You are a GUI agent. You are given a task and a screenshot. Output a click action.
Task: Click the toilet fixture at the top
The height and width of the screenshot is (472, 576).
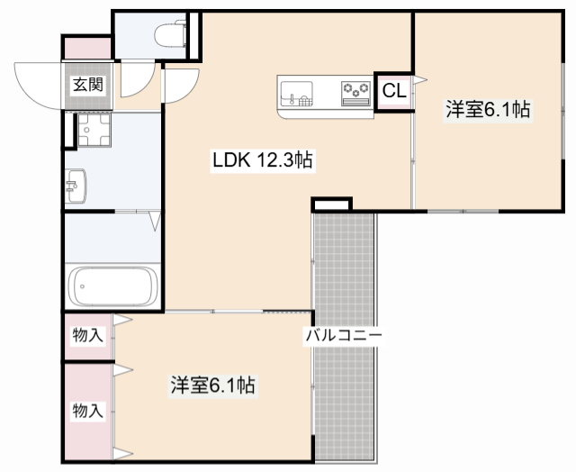168,34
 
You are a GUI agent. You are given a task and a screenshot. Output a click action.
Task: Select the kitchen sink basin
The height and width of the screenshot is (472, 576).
297,94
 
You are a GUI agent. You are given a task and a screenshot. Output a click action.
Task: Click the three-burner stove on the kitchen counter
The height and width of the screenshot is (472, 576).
355,90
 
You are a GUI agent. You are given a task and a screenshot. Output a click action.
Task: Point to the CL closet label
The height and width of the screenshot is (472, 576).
393,90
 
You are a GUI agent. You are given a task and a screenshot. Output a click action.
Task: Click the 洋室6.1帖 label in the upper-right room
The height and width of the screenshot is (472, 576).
488,111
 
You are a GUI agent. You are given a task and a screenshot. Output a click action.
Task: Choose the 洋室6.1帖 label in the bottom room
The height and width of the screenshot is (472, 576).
213,386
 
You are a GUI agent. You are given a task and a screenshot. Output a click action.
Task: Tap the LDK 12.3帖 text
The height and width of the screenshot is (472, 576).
262,161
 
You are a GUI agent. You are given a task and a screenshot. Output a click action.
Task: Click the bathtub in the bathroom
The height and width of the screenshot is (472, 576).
112,286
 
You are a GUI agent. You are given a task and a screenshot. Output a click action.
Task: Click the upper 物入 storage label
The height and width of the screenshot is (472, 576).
87,336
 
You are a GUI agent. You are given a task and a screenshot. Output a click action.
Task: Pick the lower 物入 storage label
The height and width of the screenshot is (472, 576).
87,411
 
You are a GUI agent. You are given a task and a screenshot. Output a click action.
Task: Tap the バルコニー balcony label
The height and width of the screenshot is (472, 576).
343,336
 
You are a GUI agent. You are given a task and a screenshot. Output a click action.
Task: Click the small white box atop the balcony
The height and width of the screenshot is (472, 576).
331,205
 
